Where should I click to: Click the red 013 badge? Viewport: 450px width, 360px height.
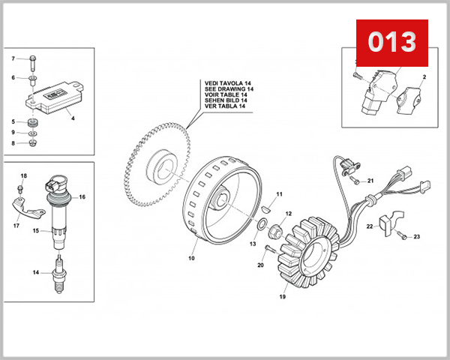tap(391, 42)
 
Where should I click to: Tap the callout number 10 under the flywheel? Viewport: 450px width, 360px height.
tap(191, 258)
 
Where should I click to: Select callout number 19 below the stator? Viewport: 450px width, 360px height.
tap(283, 297)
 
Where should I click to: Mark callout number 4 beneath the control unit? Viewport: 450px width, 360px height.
tap(72, 117)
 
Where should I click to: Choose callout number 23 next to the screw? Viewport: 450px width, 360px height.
tap(417, 237)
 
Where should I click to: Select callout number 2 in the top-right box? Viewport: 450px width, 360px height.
tap(424, 77)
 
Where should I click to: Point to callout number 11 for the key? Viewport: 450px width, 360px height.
tap(278, 194)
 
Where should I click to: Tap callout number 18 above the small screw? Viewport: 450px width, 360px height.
tap(23, 175)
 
